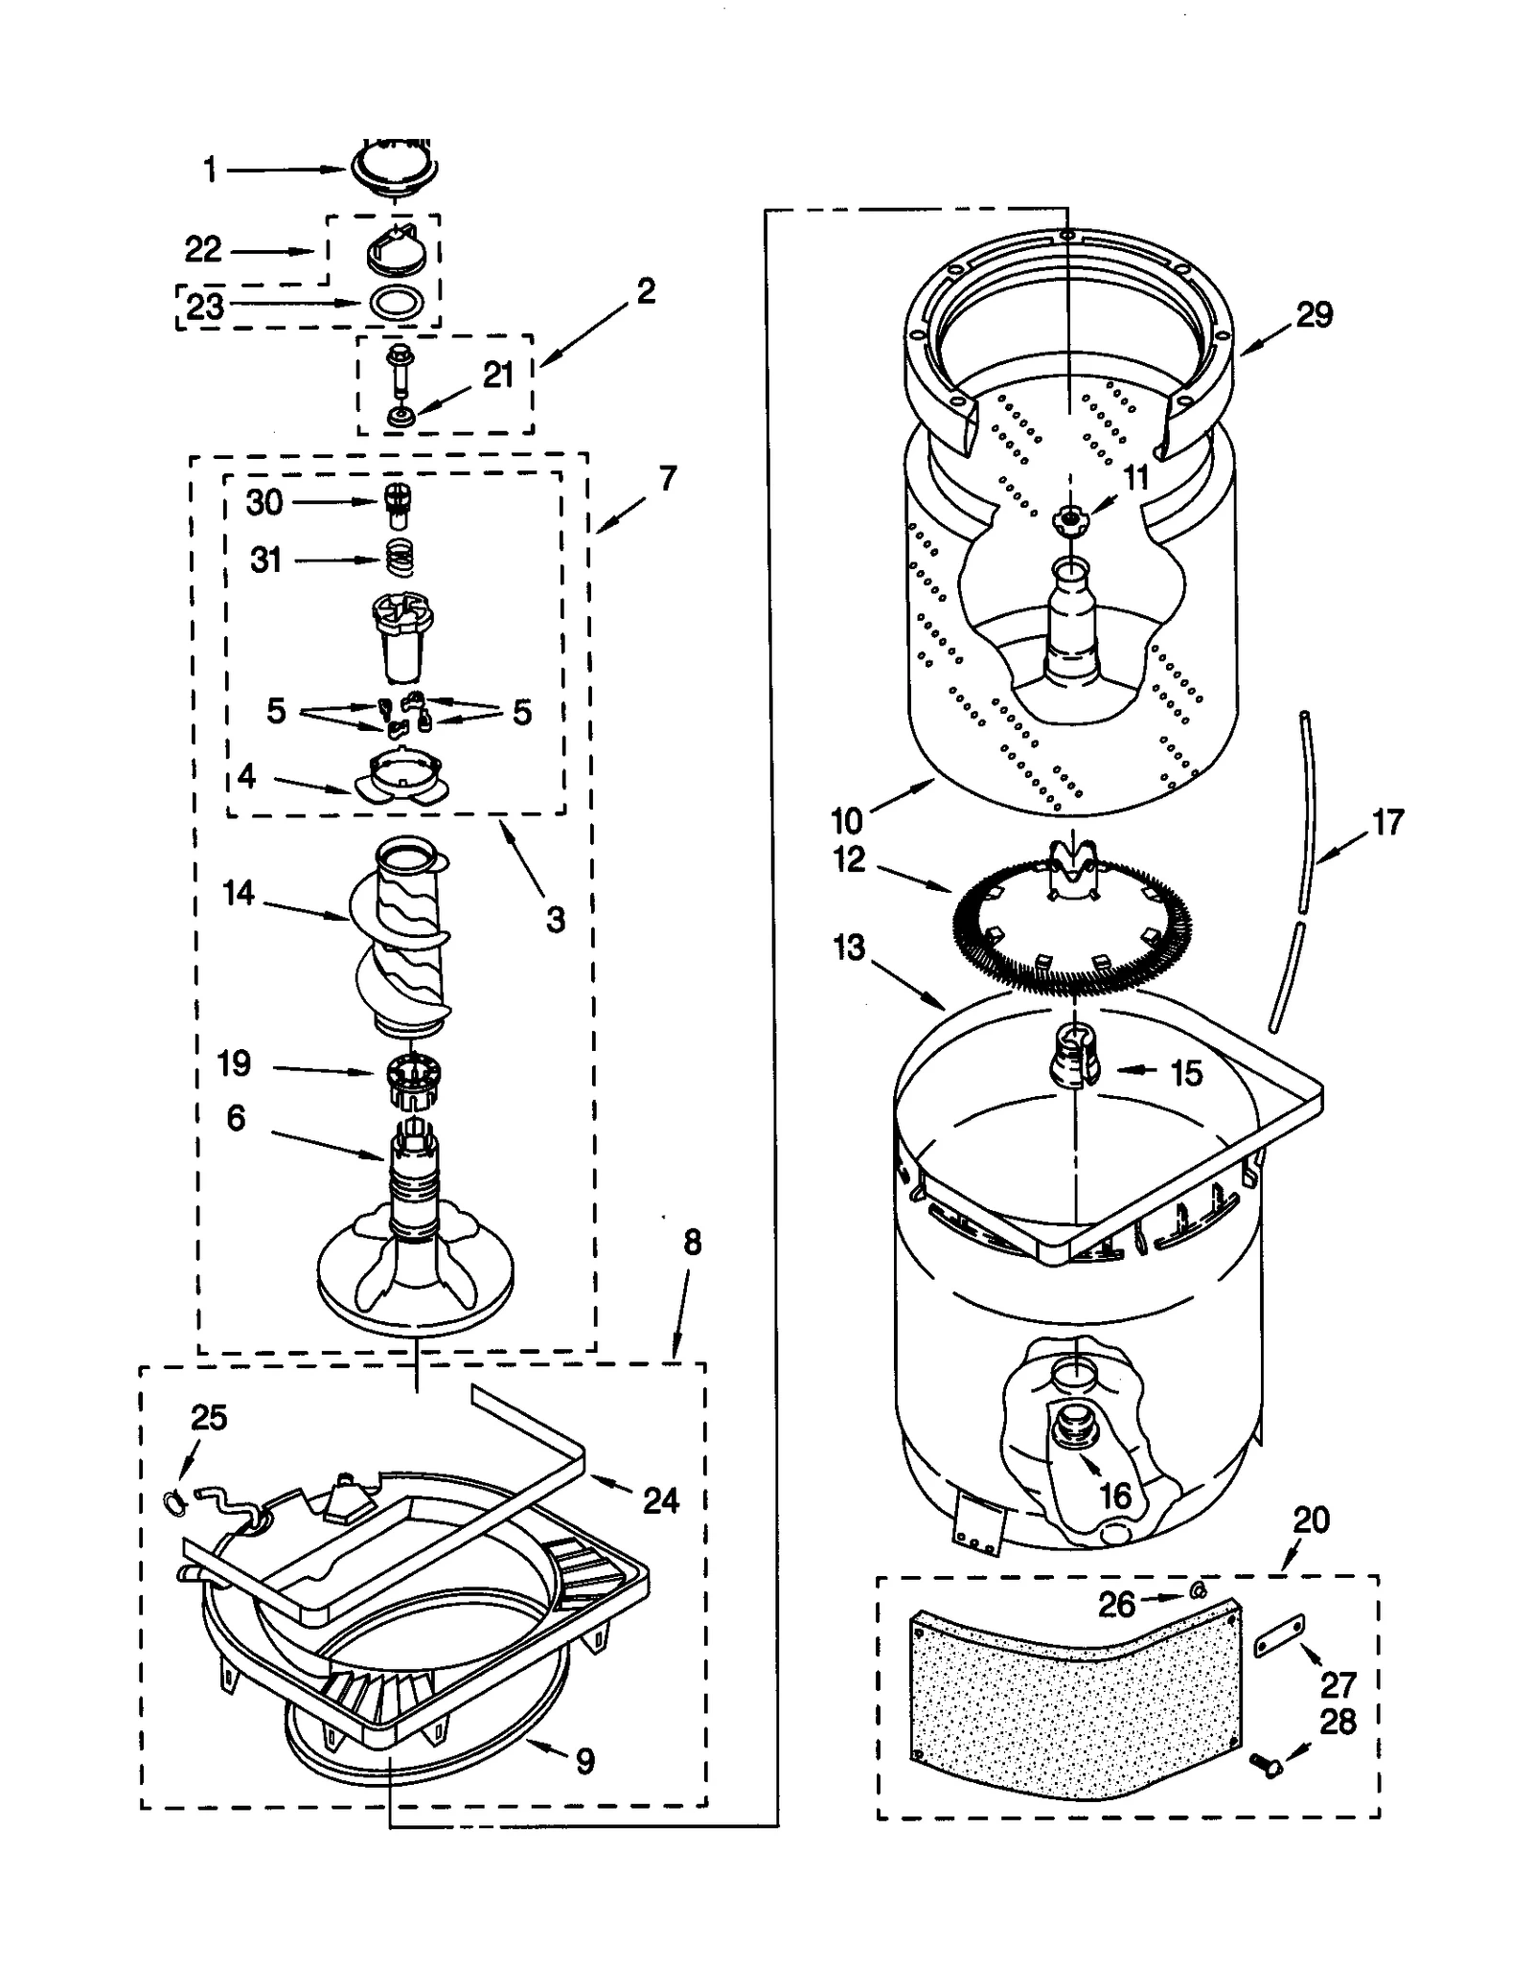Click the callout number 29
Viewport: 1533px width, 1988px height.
click(x=1314, y=314)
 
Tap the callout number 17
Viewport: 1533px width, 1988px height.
click(x=1387, y=821)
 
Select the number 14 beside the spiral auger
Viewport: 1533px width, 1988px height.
click(x=238, y=892)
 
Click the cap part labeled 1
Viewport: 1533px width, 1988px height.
click(x=395, y=171)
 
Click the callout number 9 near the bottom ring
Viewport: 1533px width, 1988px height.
click(x=584, y=1760)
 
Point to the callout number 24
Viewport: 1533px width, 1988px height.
click(x=660, y=1499)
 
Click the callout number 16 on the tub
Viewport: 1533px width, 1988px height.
click(x=1115, y=1496)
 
